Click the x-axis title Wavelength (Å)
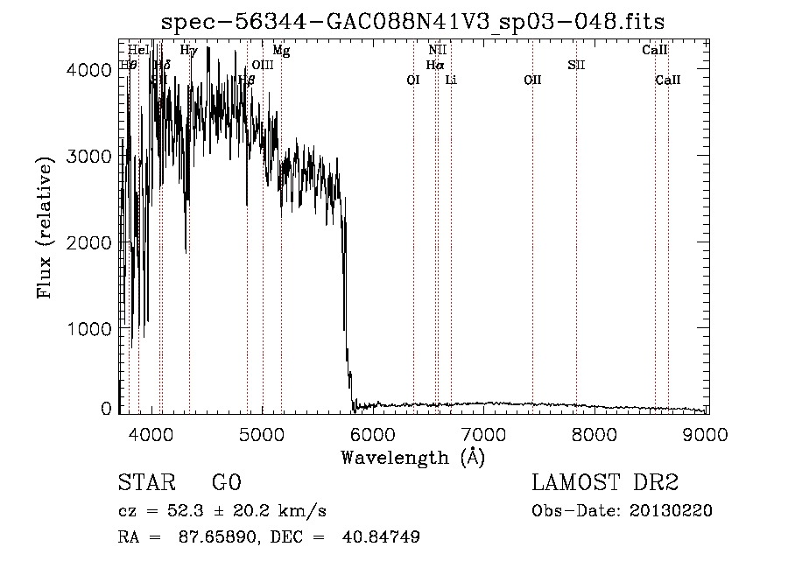(412, 457)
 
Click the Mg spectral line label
(281, 51)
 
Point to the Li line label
(451, 80)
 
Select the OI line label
(413, 80)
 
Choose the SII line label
(576, 65)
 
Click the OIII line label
(263, 65)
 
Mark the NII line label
(437, 51)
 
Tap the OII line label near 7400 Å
(532, 80)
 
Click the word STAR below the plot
(145, 483)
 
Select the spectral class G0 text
(226, 483)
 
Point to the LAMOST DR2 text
(605, 483)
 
